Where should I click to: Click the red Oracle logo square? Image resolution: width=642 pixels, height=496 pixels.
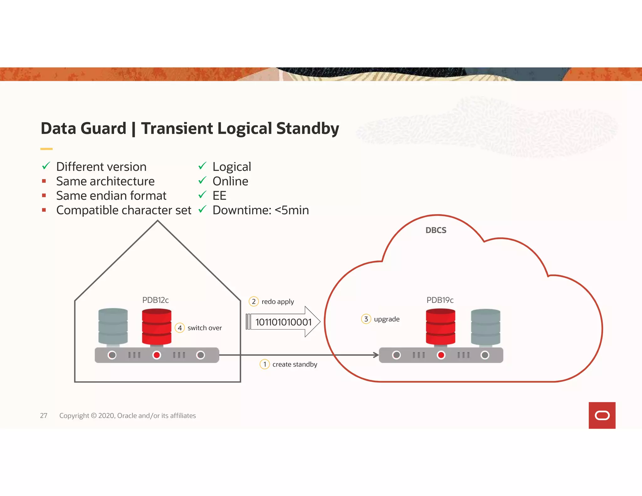pos(602,415)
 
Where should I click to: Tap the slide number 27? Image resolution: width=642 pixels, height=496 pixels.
pos(44,415)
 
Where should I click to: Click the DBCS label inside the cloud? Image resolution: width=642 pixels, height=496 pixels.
pos(436,230)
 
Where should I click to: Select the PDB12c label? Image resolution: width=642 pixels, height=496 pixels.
pos(155,300)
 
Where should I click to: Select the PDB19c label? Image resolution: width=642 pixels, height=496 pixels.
pos(440,300)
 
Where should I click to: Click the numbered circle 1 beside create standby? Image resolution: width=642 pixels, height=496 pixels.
pos(265,364)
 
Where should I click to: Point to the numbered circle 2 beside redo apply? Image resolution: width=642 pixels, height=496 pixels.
pos(254,301)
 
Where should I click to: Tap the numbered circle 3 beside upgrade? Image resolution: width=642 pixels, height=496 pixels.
pos(366,319)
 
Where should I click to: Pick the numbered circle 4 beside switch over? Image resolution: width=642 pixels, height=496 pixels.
pos(180,328)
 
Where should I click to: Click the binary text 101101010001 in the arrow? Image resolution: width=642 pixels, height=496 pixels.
pos(283,322)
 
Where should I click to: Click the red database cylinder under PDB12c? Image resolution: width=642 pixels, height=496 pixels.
pos(157,327)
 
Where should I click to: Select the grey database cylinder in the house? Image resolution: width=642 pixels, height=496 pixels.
pos(113,327)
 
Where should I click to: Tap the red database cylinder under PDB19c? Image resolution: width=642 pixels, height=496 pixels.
pos(440,327)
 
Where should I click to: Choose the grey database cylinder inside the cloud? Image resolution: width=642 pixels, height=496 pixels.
pos(486,327)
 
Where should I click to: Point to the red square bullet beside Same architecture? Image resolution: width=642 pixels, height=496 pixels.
pos(44,181)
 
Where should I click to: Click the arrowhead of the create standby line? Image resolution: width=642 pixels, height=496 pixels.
pos(376,355)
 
